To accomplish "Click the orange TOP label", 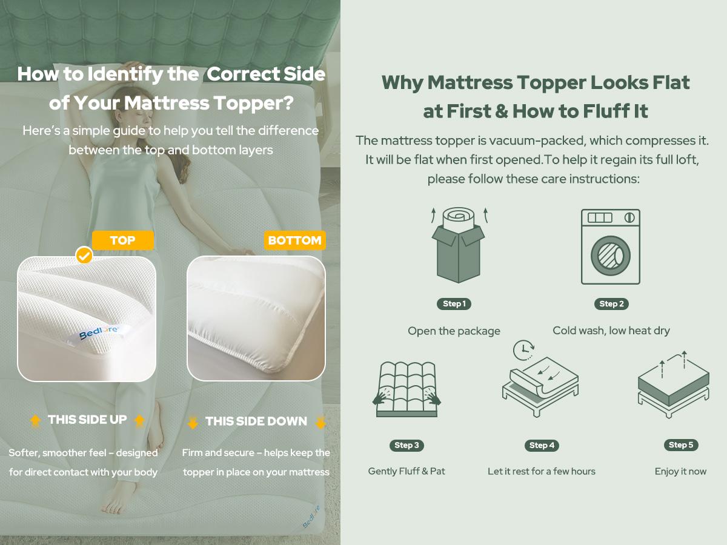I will point(122,240).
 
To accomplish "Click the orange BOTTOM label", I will point(294,240).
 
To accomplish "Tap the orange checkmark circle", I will point(84,256).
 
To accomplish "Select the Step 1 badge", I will point(454,304).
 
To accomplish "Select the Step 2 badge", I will point(611,304).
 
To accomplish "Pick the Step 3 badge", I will point(407,446).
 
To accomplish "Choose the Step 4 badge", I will point(542,446).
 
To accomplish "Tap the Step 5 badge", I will point(681,445).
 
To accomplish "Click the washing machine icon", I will point(610,246).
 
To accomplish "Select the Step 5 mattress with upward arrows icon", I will point(673,384).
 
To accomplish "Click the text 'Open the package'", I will point(454,331).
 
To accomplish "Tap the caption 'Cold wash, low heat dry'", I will point(611,331).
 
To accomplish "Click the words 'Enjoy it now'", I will point(680,471).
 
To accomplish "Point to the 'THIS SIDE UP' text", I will point(87,420).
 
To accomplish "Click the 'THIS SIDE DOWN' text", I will point(256,421).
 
